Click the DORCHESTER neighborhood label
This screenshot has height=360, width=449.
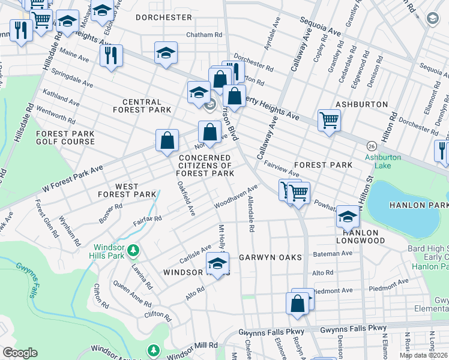163,17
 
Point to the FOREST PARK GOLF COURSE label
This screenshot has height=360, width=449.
65,137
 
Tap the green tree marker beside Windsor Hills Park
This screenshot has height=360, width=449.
134,249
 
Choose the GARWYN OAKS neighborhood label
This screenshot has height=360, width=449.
270,257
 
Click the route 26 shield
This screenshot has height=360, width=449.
372,146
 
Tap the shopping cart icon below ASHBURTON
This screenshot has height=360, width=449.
329,119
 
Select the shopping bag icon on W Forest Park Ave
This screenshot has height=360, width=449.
167,140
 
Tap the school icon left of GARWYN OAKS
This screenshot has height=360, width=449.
217,263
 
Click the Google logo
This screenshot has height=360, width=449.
20,353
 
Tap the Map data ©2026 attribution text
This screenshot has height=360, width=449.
423,355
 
